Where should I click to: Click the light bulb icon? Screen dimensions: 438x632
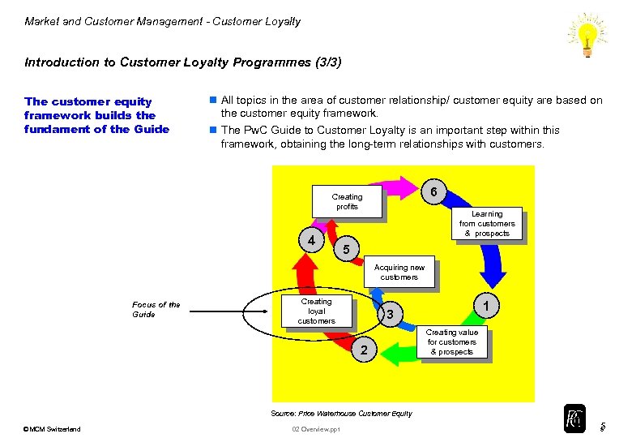(587, 35)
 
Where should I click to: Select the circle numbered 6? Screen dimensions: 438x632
(435, 191)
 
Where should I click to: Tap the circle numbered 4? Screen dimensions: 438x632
(311, 241)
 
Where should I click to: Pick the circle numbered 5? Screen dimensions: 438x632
(346, 249)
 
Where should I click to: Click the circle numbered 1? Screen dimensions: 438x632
(485, 305)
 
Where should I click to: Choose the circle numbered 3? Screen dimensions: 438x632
(391, 315)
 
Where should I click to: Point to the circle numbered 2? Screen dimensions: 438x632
(365, 350)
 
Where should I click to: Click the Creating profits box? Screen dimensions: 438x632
(347, 202)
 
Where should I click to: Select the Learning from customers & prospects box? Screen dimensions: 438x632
(487, 224)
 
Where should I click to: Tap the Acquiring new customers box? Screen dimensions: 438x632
(399, 273)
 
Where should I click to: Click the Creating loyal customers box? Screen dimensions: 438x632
(316, 311)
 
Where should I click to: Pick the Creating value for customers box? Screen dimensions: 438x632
(452, 342)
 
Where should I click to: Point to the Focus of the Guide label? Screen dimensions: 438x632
(156, 309)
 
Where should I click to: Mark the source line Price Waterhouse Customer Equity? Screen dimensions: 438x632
(340, 414)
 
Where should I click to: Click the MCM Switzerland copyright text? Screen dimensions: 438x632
(53, 429)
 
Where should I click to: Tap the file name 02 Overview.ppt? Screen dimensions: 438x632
(316, 429)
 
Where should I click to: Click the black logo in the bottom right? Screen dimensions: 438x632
(574, 419)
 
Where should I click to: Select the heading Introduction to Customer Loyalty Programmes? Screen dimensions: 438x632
(183, 62)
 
